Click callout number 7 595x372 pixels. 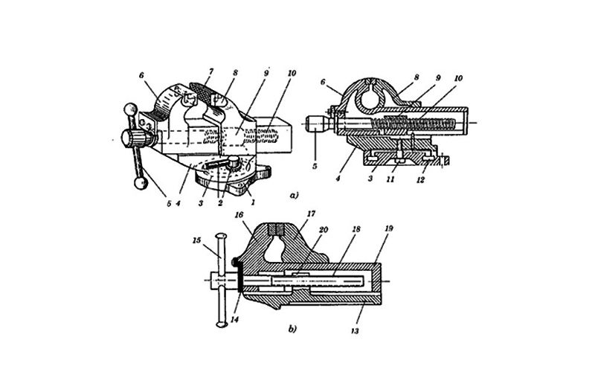pyautogui.click(x=211, y=71)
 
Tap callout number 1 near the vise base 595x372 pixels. pyautogui.click(x=253, y=202)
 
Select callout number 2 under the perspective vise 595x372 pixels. pyautogui.click(x=220, y=203)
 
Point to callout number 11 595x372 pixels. pyautogui.click(x=390, y=179)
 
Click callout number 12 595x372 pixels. pyautogui.click(x=420, y=180)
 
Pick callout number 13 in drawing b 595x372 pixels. pyautogui.click(x=355, y=331)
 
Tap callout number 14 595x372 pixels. pyautogui.click(x=235, y=320)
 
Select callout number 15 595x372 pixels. pyautogui.click(x=196, y=240)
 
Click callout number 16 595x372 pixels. pyautogui.click(x=239, y=215)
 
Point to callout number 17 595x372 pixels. pyautogui.click(x=311, y=214)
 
